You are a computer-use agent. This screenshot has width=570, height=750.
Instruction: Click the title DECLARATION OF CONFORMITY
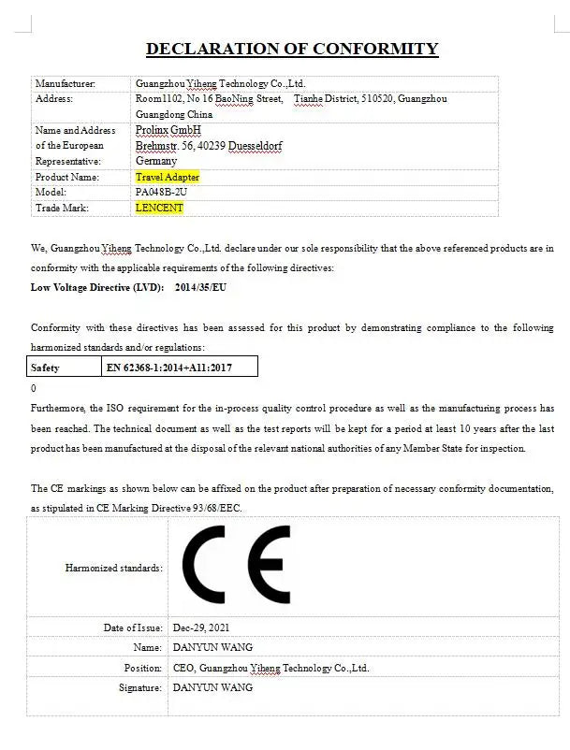[x=291, y=49]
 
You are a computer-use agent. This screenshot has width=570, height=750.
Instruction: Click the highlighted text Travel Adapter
[x=167, y=177]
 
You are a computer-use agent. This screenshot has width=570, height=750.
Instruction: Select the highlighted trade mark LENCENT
[x=159, y=208]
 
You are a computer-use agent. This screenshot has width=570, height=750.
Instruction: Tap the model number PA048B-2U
[x=162, y=192]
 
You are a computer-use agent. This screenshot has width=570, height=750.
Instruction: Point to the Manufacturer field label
[x=65, y=83]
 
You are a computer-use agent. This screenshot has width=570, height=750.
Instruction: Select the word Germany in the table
[x=155, y=161]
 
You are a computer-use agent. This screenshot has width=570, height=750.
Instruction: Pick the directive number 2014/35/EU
[x=200, y=287]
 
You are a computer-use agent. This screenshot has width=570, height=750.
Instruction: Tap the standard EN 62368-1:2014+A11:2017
[x=168, y=368]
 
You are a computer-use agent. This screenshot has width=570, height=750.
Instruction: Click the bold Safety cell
[x=45, y=368]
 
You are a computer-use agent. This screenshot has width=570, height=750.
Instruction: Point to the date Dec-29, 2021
[x=201, y=627]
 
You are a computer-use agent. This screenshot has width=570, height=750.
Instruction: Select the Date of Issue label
[x=133, y=627]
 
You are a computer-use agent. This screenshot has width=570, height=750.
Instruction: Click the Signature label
[x=140, y=687]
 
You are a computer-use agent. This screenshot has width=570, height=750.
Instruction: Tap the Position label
[x=143, y=668]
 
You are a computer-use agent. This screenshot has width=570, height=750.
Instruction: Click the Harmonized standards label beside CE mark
[x=113, y=568]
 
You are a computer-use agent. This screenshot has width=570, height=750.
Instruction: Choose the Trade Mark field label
[x=61, y=208]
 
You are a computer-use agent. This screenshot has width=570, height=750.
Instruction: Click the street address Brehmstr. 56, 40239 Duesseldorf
[x=209, y=146]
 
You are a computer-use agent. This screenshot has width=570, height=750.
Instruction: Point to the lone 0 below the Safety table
[x=34, y=388]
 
